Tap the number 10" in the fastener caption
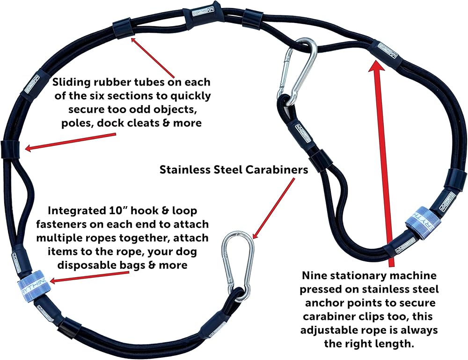pyautogui.click(x=115, y=211)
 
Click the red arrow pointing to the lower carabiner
pyautogui.click(x=273, y=209)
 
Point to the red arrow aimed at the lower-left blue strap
pyautogui.click(x=89, y=276)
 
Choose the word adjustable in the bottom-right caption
pyautogui.click(x=328, y=331)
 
